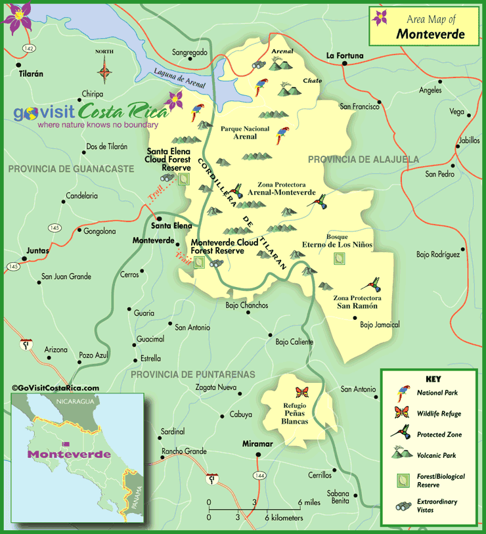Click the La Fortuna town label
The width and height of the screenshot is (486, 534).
[x=345, y=56]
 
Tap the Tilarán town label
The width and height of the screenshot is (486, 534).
[x=31, y=74]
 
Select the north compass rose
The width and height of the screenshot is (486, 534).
[x=104, y=70]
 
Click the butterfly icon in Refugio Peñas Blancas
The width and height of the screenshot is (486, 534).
[x=302, y=393]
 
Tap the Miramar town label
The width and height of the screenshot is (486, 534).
[x=257, y=444]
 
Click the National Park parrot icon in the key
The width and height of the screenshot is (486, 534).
[x=402, y=393]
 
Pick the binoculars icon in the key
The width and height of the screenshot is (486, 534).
[x=402, y=505]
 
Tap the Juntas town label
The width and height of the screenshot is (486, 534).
[x=37, y=251]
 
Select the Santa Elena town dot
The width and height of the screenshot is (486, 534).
[x=158, y=219]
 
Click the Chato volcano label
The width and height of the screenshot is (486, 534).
[x=311, y=81]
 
